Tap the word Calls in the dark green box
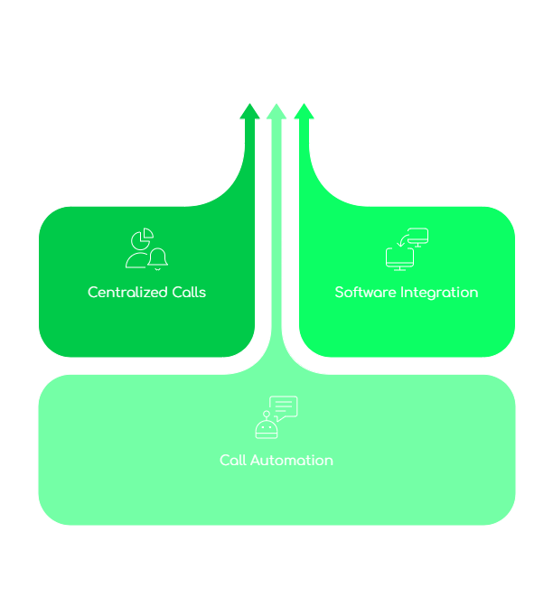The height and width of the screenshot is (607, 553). click(x=189, y=293)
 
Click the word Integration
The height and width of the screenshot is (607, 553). click(x=440, y=293)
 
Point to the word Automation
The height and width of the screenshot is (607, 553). click(x=292, y=461)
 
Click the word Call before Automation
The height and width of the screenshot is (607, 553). click(x=232, y=461)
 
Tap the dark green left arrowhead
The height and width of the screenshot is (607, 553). click(x=248, y=111)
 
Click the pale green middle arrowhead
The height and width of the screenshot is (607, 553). click(x=276, y=111)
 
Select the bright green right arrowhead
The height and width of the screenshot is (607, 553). click(x=305, y=111)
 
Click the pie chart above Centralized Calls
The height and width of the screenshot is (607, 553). click(x=141, y=239)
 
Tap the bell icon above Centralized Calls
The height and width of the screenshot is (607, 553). click(x=158, y=258)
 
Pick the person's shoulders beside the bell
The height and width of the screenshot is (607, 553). click(x=136, y=261)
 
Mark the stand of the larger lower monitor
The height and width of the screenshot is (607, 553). click(x=399, y=268)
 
